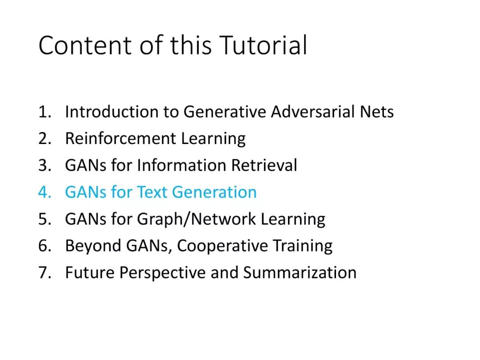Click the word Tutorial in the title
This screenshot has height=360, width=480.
point(263,45)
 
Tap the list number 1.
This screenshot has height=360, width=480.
point(45,112)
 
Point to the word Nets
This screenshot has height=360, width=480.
point(377,112)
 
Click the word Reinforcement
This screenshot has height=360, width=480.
point(120,138)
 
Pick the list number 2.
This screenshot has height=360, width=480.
point(45,139)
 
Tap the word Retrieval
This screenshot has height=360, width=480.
point(264,165)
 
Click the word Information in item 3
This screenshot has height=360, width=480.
point(182,165)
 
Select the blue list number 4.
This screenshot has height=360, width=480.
point(45,192)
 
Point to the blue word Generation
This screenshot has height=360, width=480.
point(214,192)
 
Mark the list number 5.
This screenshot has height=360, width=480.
point(45,219)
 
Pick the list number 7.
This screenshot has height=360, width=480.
point(45,273)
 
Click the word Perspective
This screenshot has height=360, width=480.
point(163,273)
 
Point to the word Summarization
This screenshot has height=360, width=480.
point(300,272)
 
